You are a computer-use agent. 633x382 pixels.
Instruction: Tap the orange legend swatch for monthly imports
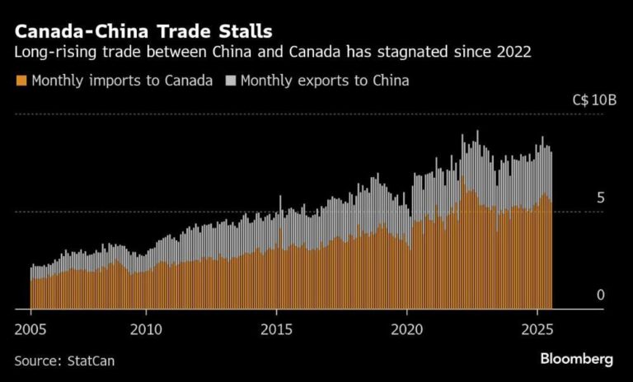[20, 81]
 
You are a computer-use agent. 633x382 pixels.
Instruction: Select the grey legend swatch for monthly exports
[231, 81]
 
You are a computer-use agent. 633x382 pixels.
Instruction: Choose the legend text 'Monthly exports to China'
[325, 81]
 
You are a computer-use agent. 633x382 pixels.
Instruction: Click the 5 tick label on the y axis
[601, 198]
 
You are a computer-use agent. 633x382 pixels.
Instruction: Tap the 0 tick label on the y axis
[601, 295]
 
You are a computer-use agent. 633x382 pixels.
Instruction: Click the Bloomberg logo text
[577, 359]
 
